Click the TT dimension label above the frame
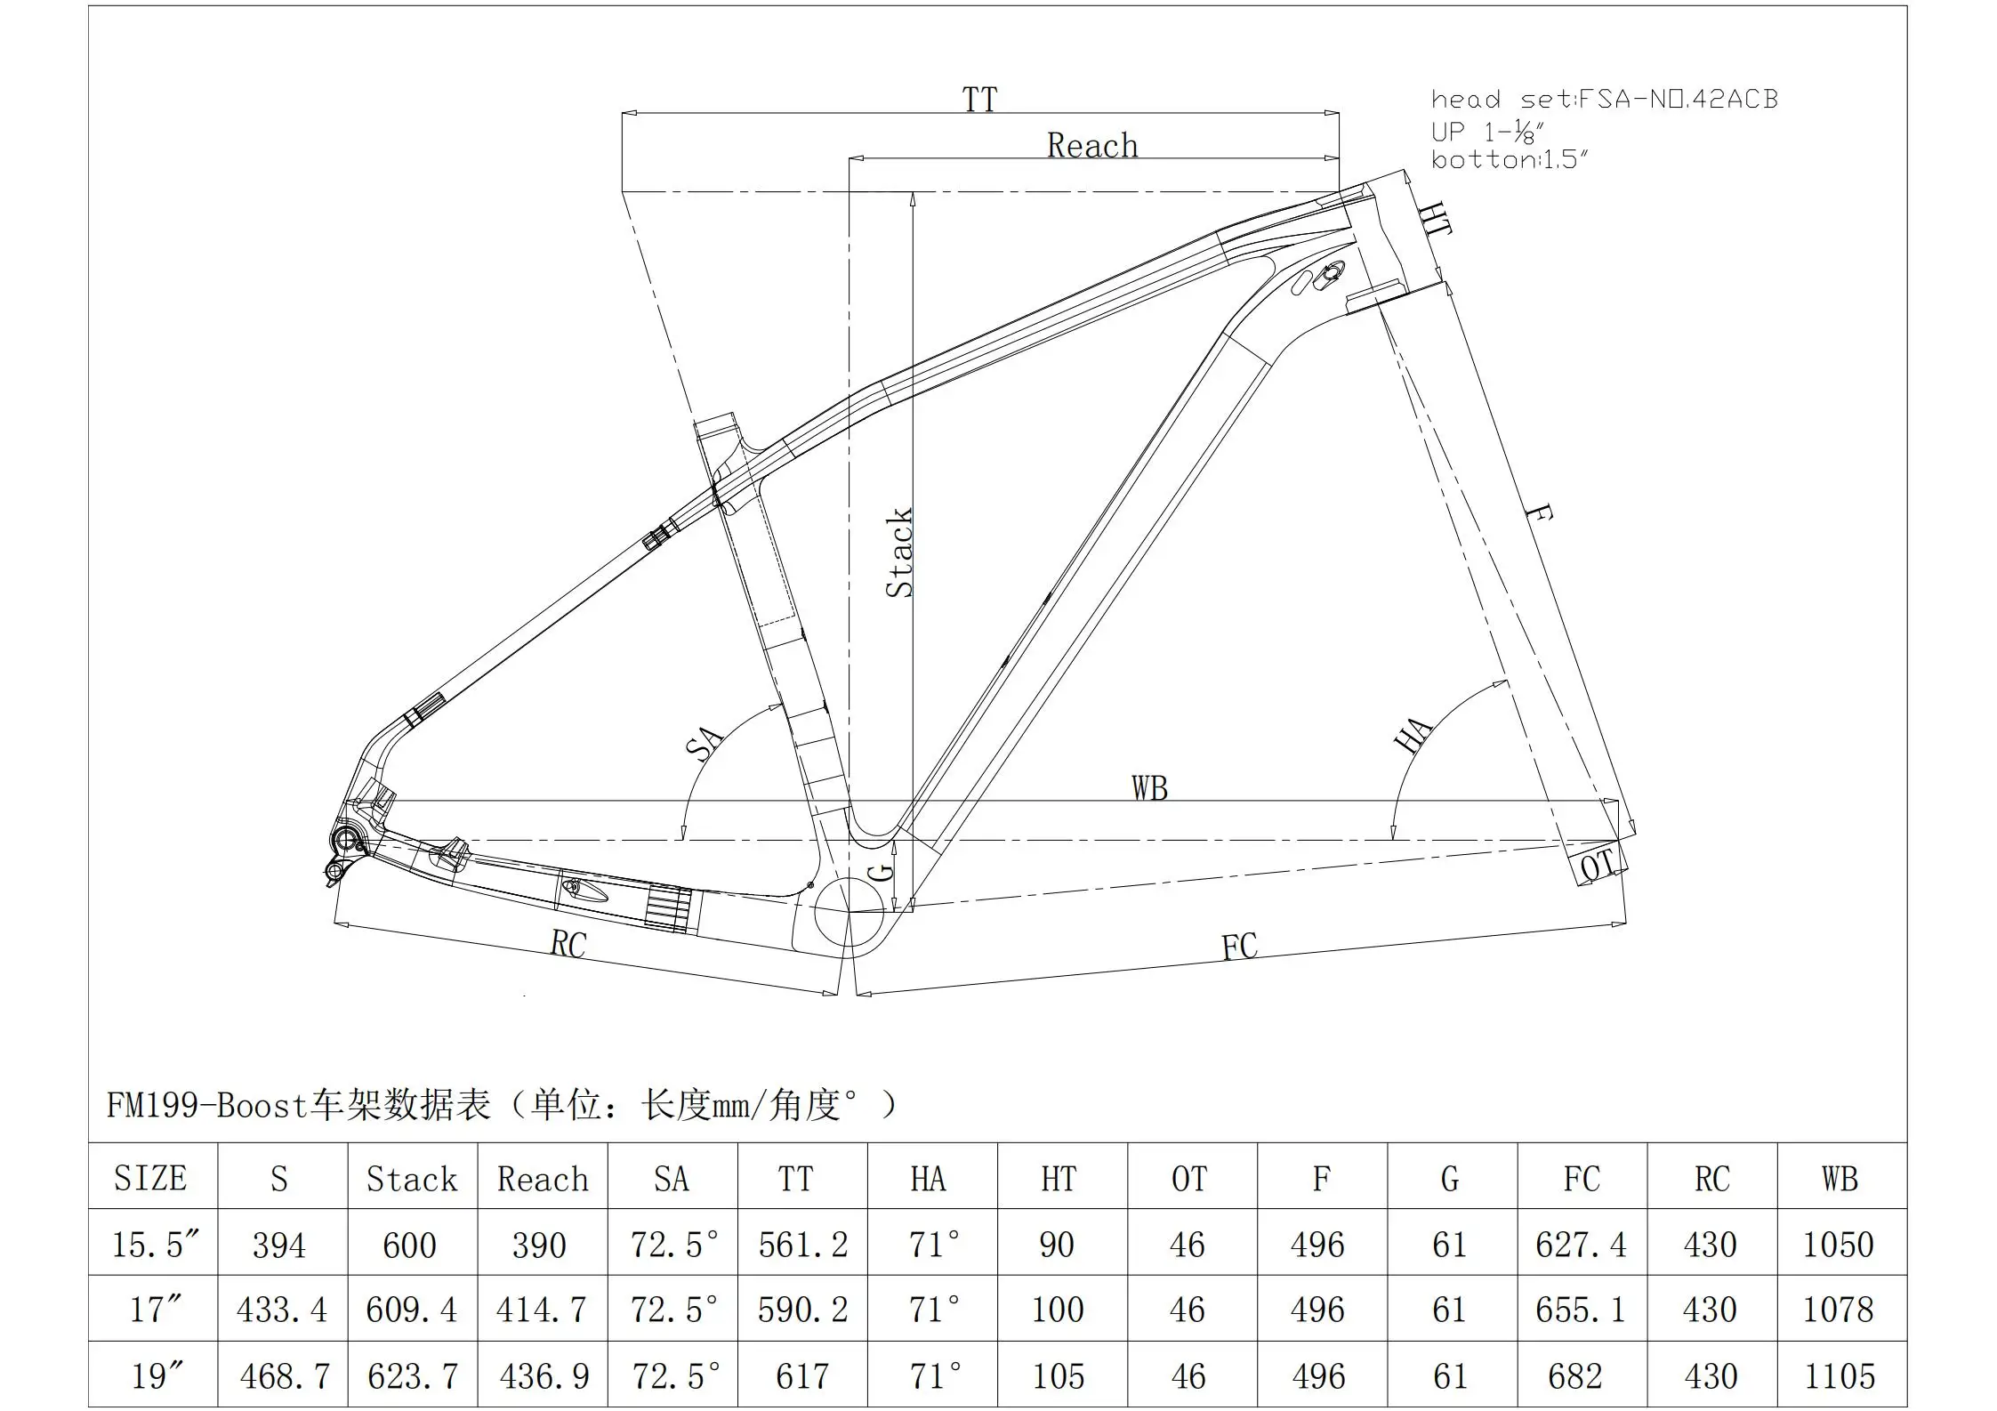[x=979, y=99]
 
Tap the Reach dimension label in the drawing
[x=1091, y=145]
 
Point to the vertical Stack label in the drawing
[x=899, y=552]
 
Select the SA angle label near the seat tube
[x=704, y=743]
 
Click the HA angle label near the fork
[x=1413, y=735]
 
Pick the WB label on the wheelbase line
[x=1149, y=788]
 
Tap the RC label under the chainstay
[x=568, y=944]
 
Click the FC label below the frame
[x=1239, y=947]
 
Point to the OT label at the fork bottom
[x=1598, y=865]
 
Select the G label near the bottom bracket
[x=880, y=870]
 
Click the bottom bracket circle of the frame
[x=848, y=911]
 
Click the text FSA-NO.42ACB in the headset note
[x=1677, y=99]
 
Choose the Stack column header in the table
[x=412, y=1179]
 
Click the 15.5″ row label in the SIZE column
[x=155, y=1245]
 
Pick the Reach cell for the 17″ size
[x=542, y=1310]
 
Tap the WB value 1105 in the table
[x=1839, y=1376]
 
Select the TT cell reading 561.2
[x=802, y=1245]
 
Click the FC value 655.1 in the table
[x=1580, y=1310]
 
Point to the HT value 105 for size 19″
[x=1058, y=1376]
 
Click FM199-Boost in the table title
[x=206, y=1106]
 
